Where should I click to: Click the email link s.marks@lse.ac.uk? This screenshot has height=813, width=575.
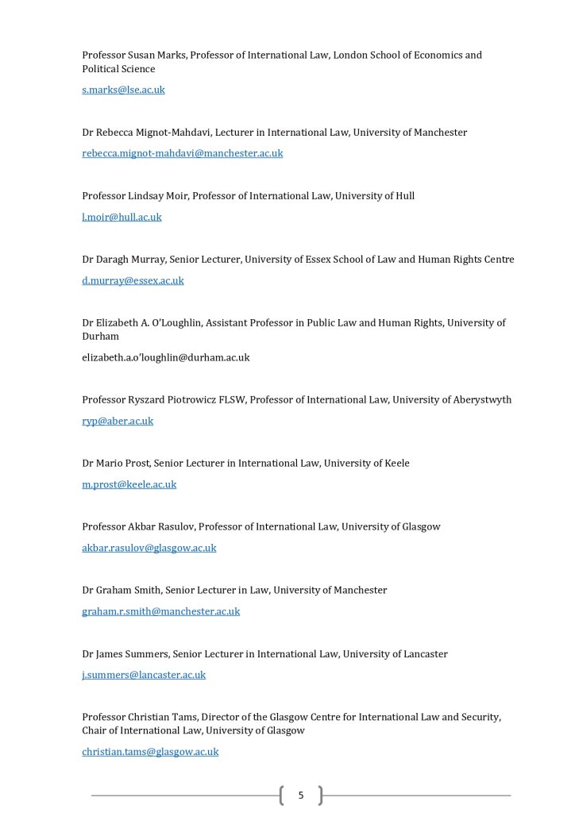tap(123, 90)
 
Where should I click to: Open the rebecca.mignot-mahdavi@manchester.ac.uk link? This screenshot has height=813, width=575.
tap(182, 153)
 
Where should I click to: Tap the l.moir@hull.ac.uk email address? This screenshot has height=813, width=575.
tap(122, 217)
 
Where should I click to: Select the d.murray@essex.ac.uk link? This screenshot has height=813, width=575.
tap(133, 280)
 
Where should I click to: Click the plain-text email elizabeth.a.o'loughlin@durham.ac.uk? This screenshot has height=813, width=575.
tap(165, 357)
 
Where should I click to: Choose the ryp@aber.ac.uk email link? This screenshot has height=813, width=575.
tap(118, 421)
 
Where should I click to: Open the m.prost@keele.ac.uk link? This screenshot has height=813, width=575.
tap(129, 484)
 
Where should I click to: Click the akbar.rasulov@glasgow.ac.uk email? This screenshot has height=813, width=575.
tap(149, 548)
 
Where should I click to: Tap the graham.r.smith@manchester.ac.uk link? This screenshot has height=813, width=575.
tap(160, 611)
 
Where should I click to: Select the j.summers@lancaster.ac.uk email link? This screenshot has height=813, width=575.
tap(144, 675)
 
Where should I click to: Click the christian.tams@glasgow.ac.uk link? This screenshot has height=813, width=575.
tap(150, 751)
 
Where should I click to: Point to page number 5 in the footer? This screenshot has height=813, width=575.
tap(301, 795)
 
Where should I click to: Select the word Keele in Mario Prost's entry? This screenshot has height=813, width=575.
tap(396, 464)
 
